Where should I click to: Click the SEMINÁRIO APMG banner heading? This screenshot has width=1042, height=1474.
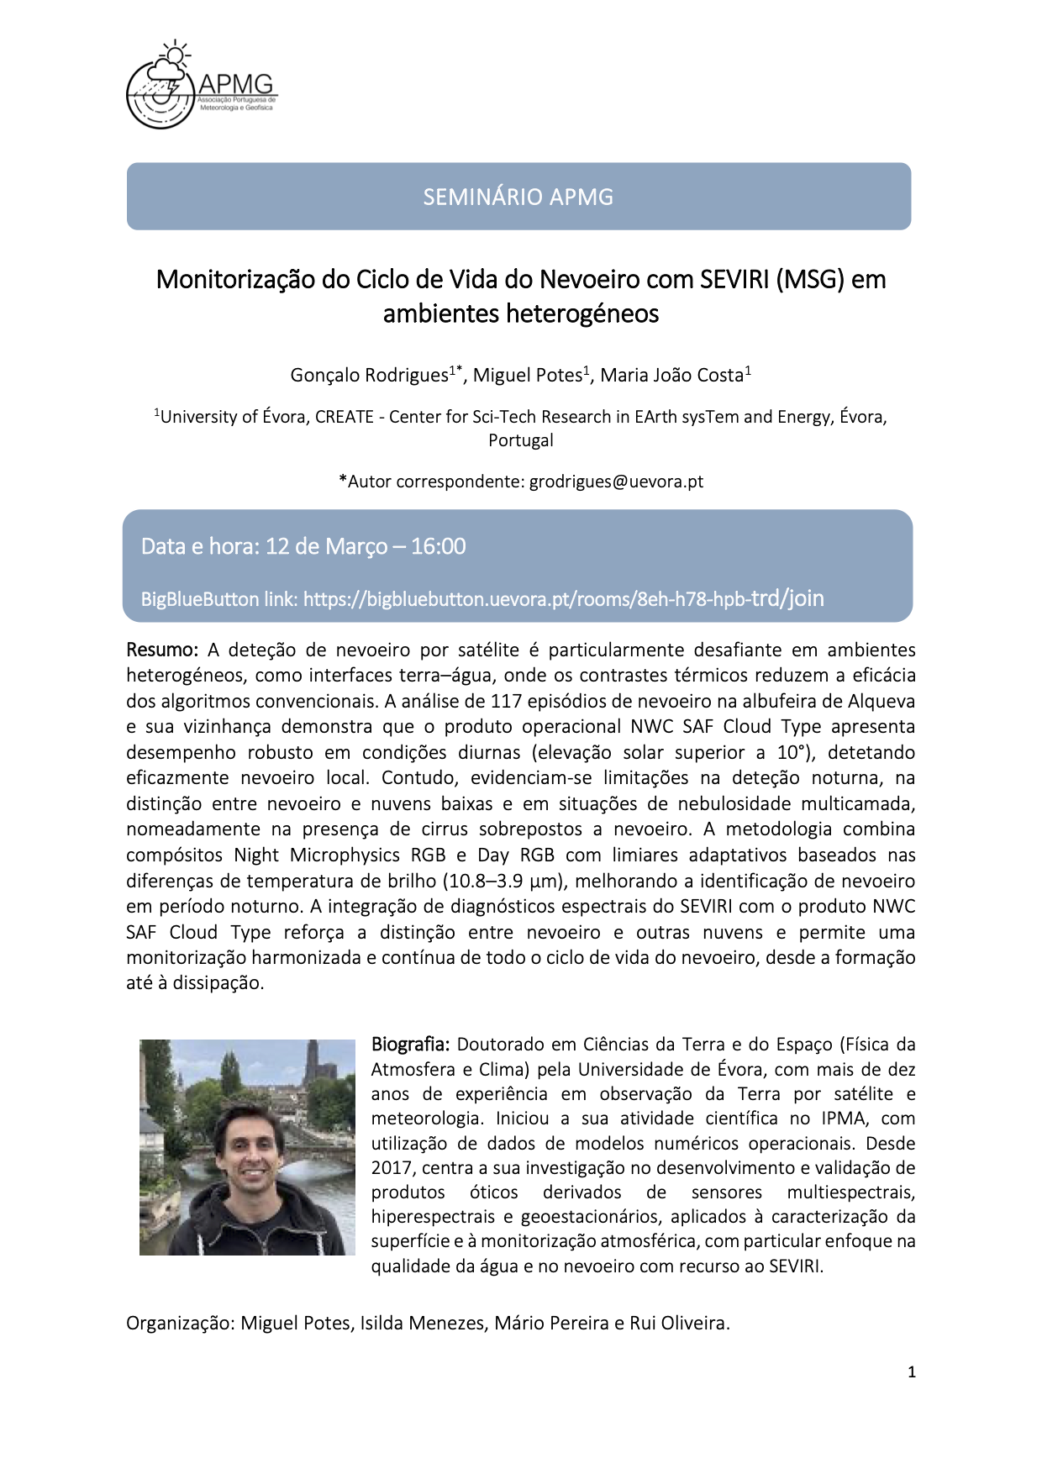coord(518,197)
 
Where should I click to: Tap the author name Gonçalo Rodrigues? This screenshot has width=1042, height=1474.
coord(369,375)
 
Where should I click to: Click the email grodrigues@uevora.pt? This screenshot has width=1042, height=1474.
coord(616,482)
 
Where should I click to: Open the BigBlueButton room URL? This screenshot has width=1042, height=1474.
coord(563,598)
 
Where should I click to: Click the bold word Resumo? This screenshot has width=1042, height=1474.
coord(161,650)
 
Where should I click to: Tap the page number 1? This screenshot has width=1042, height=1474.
coord(912,1372)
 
